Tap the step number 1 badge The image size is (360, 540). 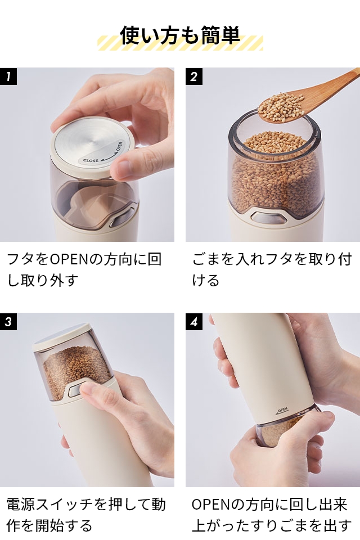tap(8, 76)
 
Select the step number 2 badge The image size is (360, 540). tap(194, 76)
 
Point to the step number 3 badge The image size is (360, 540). tap(8, 322)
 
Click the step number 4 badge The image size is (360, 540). tap(194, 322)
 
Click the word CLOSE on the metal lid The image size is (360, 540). tap(91, 160)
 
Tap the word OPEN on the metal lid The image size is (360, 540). tap(119, 146)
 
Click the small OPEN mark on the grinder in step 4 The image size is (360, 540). tap(281, 410)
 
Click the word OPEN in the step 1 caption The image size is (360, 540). tap(69, 259)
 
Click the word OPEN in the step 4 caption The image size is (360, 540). tap(211, 505)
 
